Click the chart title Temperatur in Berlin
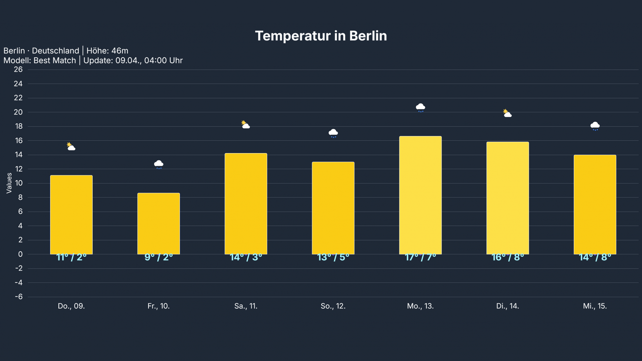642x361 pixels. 321,36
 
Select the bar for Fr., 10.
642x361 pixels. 159,223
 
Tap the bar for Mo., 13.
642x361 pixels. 420,195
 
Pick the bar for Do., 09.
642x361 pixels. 71,215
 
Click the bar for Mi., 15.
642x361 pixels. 595,204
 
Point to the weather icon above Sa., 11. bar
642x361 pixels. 246,125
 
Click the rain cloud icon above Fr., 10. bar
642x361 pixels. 159,164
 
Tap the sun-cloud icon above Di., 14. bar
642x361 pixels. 508,113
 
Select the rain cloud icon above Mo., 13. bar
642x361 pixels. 420,107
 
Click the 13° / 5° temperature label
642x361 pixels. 333,257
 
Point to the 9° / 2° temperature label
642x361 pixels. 159,257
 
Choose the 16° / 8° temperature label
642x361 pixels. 508,257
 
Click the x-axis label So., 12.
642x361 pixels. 333,306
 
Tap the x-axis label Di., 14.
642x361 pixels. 508,306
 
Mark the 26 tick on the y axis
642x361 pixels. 18,69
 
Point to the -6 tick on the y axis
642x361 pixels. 19,297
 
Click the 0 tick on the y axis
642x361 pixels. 20,254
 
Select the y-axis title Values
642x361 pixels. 9,183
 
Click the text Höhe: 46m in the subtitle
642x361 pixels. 107,51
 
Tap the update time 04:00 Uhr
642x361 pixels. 163,61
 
